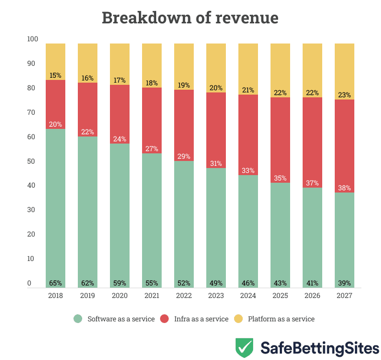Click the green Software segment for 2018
pos(56,207)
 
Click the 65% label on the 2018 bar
pos(56,283)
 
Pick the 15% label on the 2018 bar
pos(56,76)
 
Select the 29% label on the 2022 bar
pos(184,156)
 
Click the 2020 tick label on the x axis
pos(120,296)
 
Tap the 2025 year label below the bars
pos(280,296)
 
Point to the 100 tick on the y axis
pos(33,39)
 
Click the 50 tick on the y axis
pos(33,162)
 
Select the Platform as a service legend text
pos(281,319)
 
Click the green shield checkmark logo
pos(244,347)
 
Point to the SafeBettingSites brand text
pos(319,347)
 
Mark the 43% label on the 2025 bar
pos(280,283)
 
